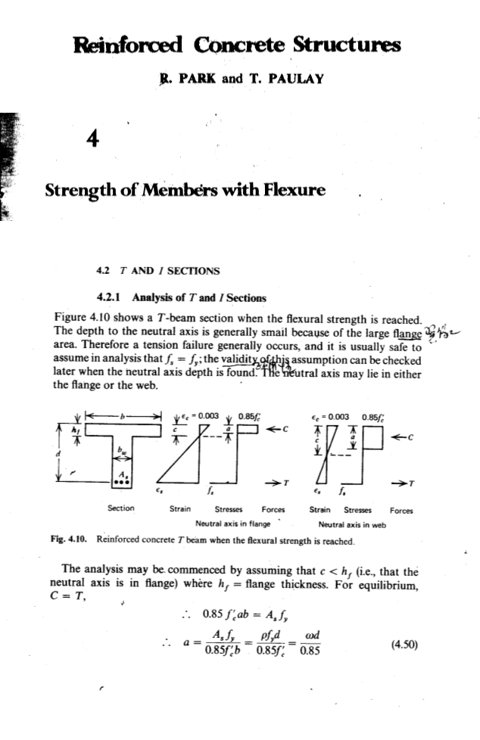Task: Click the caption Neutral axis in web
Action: [352, 522]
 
